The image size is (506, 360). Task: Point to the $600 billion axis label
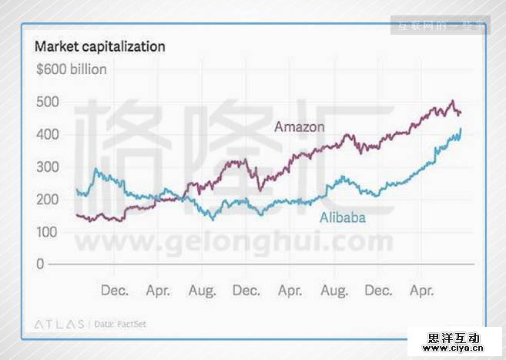71,69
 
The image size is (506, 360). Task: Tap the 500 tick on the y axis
47,103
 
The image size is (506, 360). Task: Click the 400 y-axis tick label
47,135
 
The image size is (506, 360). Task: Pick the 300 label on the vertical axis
47,167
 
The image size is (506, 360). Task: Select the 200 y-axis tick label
47,200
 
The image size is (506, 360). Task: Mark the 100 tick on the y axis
47,232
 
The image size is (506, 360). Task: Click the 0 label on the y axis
40,264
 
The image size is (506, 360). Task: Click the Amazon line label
300,126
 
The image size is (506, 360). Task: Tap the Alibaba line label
343,218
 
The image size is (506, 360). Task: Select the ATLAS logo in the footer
59,325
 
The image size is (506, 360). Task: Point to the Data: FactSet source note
119,325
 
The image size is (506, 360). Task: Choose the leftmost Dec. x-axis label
115,291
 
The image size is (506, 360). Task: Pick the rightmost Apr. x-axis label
422,291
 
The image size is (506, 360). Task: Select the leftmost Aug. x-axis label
202,291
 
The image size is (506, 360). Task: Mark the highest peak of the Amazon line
453,101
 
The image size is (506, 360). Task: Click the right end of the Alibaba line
461,129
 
